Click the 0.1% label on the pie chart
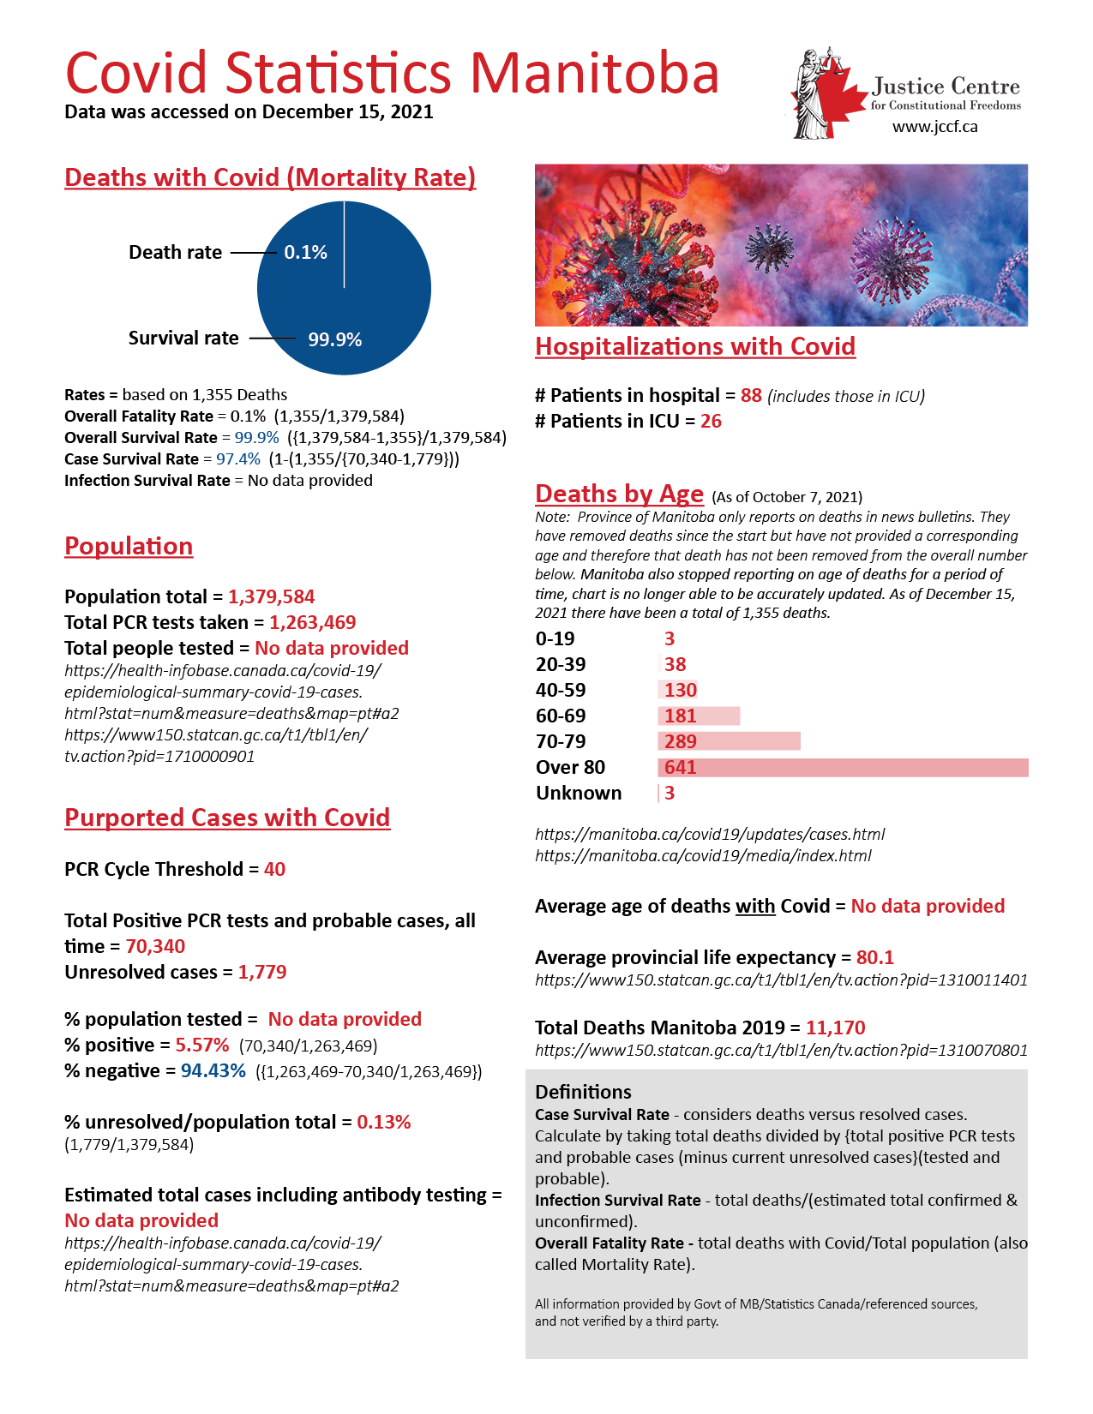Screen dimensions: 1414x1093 pos(305,252)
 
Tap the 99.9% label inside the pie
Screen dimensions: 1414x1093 pos(334,339)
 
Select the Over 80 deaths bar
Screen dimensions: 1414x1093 pos(843,767)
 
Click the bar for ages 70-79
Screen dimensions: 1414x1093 pos(729,741)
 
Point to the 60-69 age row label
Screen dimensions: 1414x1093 pos(561,716)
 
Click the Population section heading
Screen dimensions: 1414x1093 pos(129,546)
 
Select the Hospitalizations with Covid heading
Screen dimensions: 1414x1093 pos(695,346)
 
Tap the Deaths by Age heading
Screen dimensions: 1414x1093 pos(619,494)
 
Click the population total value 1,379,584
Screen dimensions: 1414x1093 pos(271,596)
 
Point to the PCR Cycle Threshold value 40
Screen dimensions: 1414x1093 pos(274,869)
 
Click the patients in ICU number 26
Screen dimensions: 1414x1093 pos(711,421)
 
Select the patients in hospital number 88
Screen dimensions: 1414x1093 pos(751,395)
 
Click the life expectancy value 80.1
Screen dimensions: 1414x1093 pos(874,957)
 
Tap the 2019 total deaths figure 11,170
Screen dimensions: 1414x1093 pos(835,1028)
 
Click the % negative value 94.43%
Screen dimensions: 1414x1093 pos(213,1070)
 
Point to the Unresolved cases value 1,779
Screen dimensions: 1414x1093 pos(262,972)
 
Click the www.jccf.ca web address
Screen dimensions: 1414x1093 pos(934,127)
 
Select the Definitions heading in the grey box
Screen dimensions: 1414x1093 pos(583,1092)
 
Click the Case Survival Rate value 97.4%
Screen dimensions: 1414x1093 pos(238,459)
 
